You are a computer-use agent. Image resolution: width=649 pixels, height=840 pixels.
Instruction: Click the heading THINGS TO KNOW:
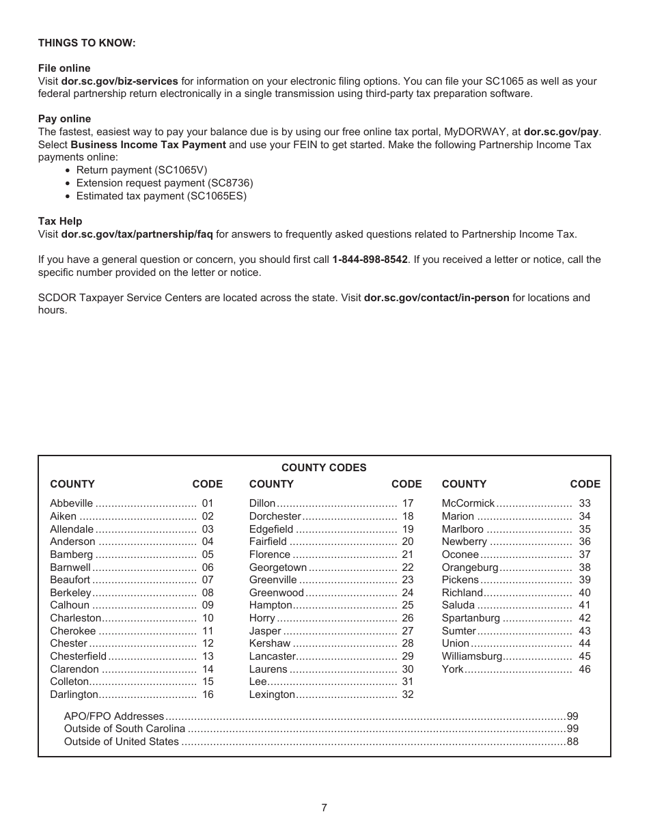(x=87, y=43)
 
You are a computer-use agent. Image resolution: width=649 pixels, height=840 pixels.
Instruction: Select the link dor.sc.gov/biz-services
(x=120, y=81)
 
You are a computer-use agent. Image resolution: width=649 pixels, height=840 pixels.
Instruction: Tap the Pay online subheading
(x=64, y=119)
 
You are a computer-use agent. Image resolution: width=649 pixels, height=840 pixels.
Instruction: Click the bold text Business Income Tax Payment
(x=148, y=145)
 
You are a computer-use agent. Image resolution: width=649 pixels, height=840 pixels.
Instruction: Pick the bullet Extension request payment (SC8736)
(x=165, y=183)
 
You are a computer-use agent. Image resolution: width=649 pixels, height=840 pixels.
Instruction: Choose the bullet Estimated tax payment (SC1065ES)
(x=161, y=196)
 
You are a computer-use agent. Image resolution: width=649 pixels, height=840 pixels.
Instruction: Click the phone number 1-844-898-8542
(x=370, y=260)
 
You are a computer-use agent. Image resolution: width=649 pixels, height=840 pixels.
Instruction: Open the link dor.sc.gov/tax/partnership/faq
(x=137, y=234)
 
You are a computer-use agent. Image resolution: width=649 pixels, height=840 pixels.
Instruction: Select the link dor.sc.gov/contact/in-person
(x=437, y=298)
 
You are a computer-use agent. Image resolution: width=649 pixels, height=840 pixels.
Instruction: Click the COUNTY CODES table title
(x=324, y=468)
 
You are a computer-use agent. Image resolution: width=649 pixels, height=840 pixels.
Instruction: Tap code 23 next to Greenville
(x=408, y=580)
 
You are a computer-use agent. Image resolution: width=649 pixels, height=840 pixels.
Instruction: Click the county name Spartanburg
(x=471, y=618)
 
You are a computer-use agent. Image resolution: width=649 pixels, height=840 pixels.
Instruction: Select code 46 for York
(x=585, y=669)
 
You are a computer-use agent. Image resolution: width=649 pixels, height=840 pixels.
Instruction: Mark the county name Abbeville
(x=71, y=503)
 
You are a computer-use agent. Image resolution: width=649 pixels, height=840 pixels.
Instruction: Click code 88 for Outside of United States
(x=572, y=742)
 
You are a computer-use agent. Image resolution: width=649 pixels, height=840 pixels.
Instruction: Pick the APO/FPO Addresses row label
(x=114, y=716)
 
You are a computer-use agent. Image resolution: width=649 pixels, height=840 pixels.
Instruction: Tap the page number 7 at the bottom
(x=324, y=808)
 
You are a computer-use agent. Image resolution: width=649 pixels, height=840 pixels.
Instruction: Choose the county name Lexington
(x=272, y=695)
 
